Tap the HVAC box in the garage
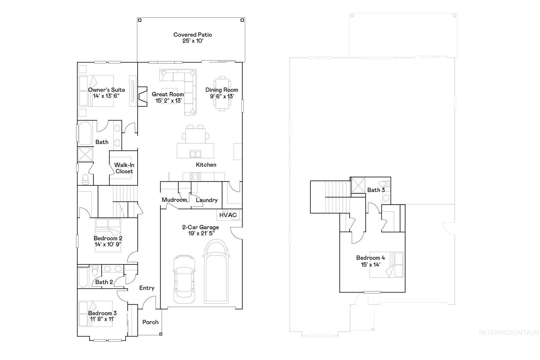(228, 215)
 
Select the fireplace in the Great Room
(142, 96)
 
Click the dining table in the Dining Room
(222, 93)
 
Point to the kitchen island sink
(195, 154)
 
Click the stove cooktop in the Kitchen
(195, 177)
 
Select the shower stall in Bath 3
(358, 185)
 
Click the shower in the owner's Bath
(85, 154)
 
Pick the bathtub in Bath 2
(83, 277)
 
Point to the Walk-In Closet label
(124, 168)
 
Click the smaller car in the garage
(184, 279)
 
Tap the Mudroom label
(174, 200)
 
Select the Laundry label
(207, 200)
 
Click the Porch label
(150, 322)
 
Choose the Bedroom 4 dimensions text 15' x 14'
(371, 265)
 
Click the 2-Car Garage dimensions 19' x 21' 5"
(201, 233)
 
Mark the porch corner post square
(161, 334)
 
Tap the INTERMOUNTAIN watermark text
(509, 333)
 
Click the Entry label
(147, 288)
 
